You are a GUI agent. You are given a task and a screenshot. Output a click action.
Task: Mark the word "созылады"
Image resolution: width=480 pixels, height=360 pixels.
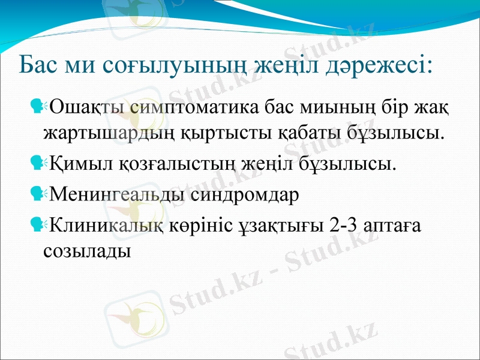(88, 248)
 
